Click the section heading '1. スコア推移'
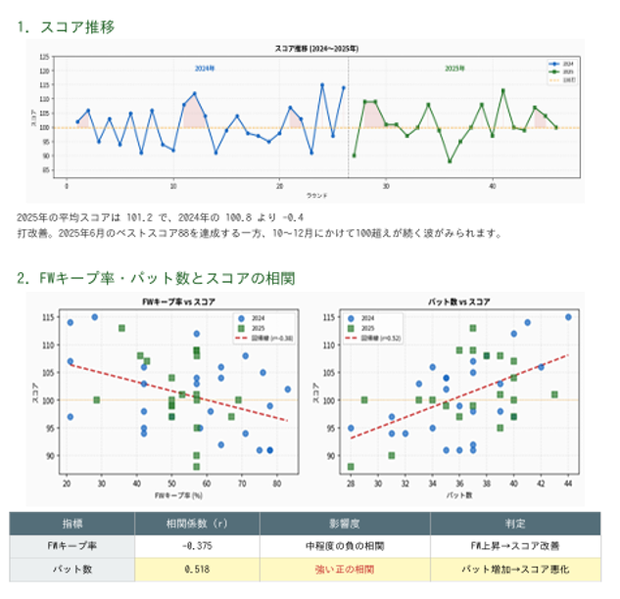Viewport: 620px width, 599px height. pos(66,26)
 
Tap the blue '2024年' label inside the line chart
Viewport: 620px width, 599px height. pos(205,69)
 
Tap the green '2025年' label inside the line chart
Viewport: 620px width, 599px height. pos(454,69)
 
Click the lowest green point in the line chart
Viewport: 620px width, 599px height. pos(450,161)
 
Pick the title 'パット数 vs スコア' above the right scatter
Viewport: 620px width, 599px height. pos(459,301)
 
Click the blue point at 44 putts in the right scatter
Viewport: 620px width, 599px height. pos(568,317)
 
